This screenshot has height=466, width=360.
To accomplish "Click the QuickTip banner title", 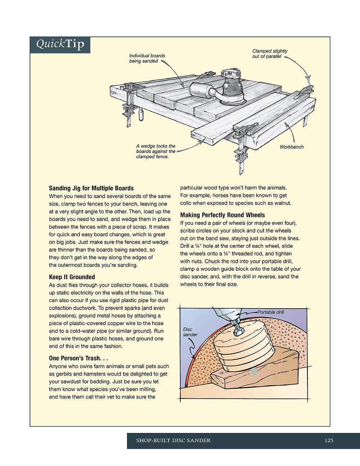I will pyautogui.click(x=60, y=44).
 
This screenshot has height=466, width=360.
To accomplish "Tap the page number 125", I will pyautogui.click(x=329, y=440).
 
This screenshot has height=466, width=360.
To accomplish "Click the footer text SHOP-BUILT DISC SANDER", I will pyautogui.click(x=173, y=440).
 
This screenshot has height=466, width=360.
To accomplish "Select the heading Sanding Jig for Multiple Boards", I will pyautogui.click(x=91, y=188).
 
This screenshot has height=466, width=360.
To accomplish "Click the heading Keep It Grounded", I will pyautogui.click(x=72, y=277).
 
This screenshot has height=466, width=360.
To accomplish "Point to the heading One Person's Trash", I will pyautogui.click(x=78, y=358).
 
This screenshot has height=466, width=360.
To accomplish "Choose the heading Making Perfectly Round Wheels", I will pyautogui.click(x=222, y=215).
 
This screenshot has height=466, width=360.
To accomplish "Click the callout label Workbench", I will pyautogui.click(x=292, y=147).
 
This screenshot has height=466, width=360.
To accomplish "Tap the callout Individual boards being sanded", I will pyautogui.click(x=147, y=58).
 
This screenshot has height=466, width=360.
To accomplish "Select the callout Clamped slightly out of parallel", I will pyautogui.click(x=270, y=54).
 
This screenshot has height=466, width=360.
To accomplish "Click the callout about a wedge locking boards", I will pyautogui.click(x=156, y=151).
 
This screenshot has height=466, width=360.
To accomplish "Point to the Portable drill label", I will pyautogui.click(x=271, y=312).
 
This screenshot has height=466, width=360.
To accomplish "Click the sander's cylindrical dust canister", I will pyautogui.click(x=201, y=90).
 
